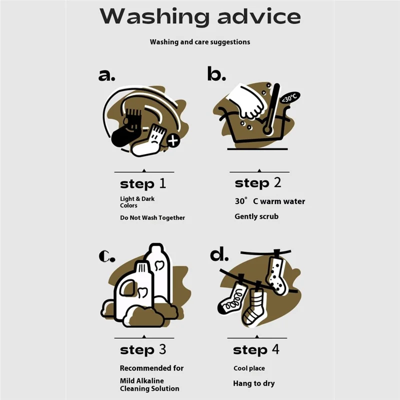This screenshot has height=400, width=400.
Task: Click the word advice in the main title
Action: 259,16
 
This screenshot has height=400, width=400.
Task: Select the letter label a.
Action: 106,75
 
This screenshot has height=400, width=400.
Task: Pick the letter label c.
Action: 106,256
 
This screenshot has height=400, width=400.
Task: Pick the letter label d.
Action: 219,254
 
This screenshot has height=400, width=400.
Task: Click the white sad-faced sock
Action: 148,141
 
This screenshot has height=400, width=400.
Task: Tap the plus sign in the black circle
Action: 173,141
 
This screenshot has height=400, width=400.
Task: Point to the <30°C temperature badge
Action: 290,97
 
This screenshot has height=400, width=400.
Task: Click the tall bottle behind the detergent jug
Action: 158,270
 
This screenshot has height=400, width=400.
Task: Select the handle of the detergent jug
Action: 127,288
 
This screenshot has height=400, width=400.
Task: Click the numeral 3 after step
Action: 162,349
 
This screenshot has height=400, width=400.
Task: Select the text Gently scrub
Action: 256,216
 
